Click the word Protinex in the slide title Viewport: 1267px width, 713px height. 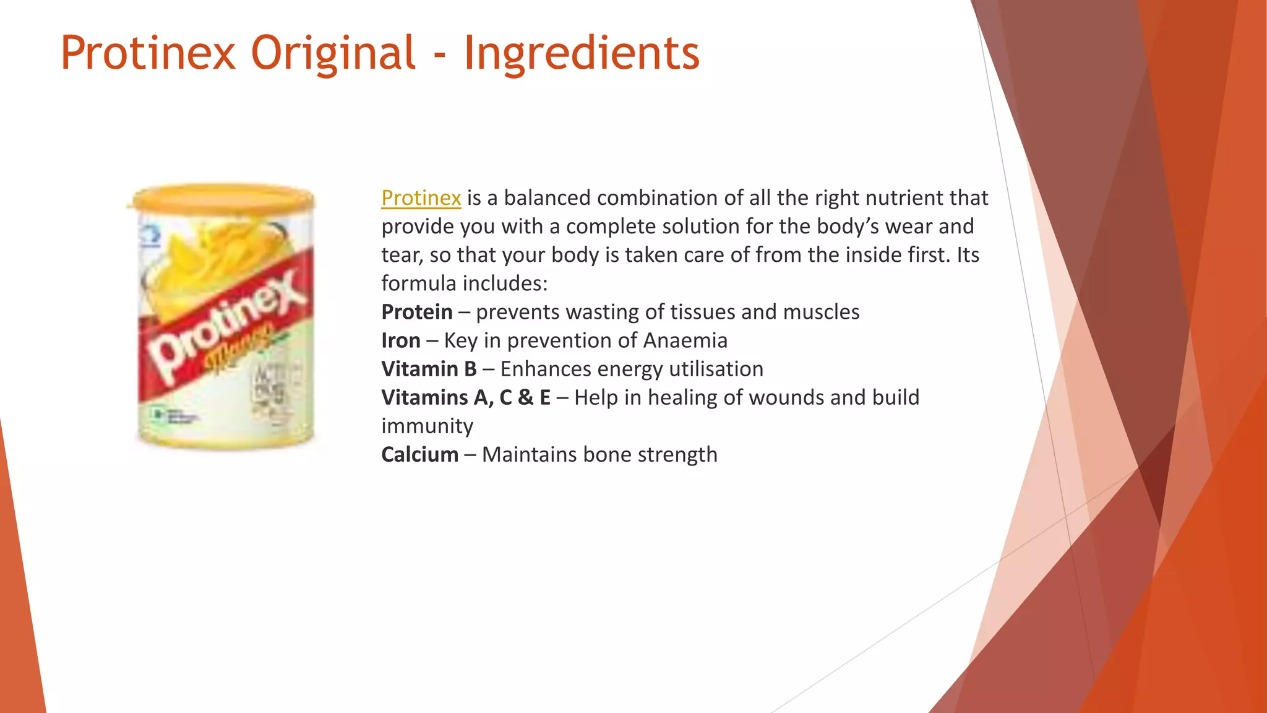[x=148, y=53]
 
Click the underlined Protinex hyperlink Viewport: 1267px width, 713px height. [x=421, y=198]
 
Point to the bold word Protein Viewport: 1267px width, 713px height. [x=417, y=312]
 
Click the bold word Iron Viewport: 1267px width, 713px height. [x=401, y=340]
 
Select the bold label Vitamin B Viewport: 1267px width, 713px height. [x=429, y=369]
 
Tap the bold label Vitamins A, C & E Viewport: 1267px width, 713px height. [x=466, y=397]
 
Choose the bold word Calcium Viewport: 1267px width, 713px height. [x=420, y=454]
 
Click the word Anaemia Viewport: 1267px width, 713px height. [x=685, y=340]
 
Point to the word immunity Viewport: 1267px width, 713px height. [x=427, y=426]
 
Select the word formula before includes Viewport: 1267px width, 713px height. [x=419, y=283]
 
